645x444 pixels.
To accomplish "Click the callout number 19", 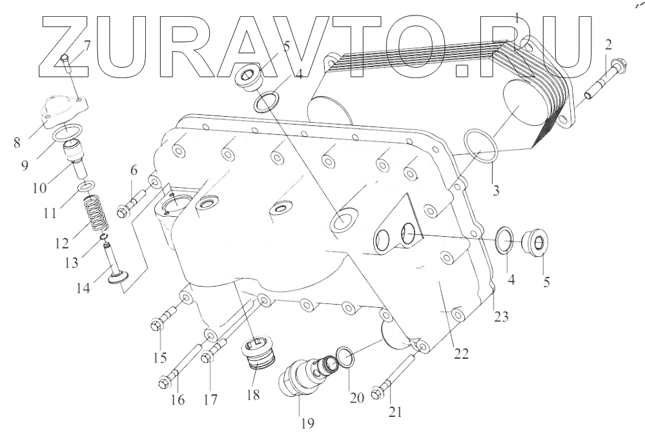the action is point(306,424).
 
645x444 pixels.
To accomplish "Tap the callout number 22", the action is point(460,353).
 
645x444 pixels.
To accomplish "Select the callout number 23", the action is point(501,316).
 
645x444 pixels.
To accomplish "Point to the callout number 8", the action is point(16,141).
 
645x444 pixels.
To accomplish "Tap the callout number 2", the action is point(608,45).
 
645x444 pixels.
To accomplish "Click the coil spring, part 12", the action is point(96,214).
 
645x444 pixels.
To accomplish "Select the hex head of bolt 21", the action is point(378,392).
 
